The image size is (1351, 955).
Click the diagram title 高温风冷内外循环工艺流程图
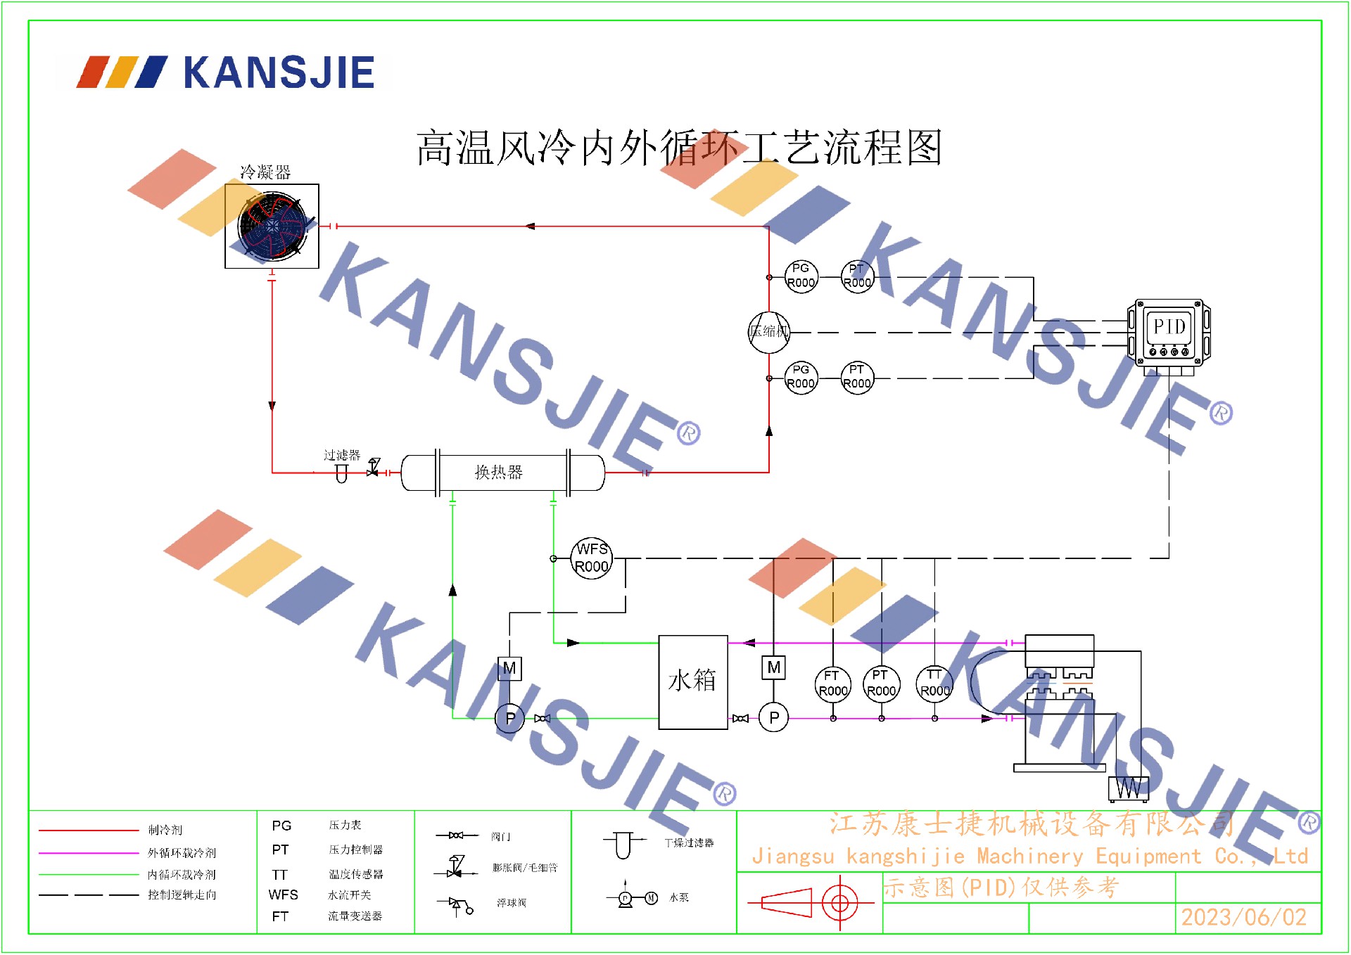pos(678,148)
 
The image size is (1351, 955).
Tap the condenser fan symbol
pos(272,226)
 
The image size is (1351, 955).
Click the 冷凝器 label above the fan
pos(265,172)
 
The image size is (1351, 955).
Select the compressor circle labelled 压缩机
pos(768,332)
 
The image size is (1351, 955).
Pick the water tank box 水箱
pos(692,681)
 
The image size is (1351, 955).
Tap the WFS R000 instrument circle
pos(592,558)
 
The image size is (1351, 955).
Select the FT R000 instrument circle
pos(833,684)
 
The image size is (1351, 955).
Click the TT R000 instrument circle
pos(934,684)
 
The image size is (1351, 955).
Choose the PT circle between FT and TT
pos(881,684)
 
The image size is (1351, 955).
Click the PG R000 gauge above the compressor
pos(801,276)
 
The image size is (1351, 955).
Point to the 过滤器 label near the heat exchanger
pos(341,455)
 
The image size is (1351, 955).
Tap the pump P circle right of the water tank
pos(774,718)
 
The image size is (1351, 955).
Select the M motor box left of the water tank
pos(509,669)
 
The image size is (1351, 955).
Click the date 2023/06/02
pos(1243,918)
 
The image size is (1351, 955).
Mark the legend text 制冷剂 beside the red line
pos(165,831)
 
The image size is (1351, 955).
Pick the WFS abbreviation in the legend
pos(283,895)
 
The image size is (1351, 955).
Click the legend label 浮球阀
pos(512,903)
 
